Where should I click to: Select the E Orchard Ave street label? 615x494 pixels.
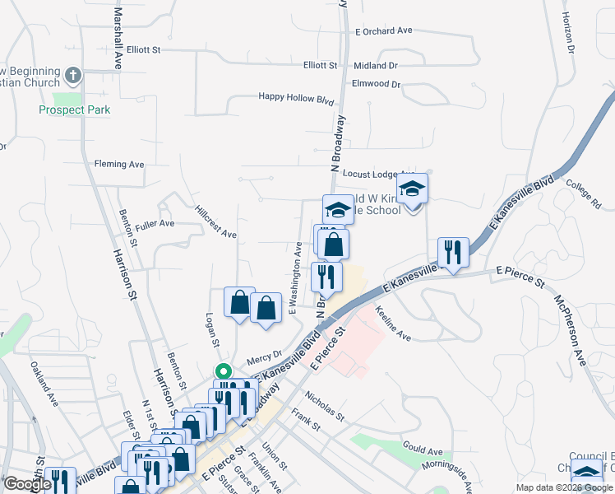click(383, 30)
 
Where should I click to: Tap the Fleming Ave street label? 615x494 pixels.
click(119, 164)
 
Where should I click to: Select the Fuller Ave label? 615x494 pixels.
click(155, 223)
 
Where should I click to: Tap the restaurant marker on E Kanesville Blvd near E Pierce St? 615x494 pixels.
click(453, 252)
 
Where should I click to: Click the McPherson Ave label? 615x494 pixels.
click(568, 329)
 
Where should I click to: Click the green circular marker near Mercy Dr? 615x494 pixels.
click(222, 371)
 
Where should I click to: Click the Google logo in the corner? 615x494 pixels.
click(26, 484)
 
